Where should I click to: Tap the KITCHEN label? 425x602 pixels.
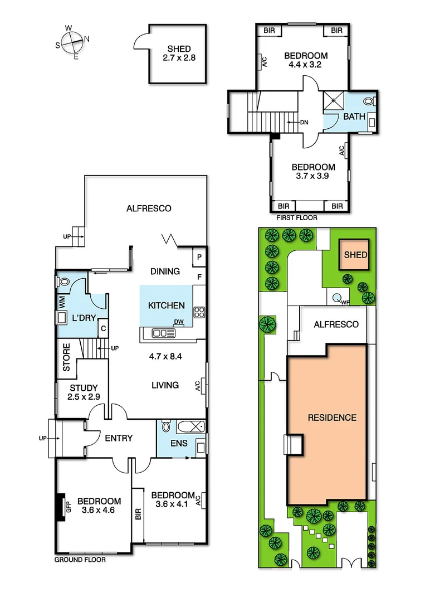point(166,305)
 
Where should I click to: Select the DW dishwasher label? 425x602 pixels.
point(179,322)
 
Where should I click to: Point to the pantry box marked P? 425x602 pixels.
point(199,257)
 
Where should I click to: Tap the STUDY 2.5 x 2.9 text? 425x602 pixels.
point(84,392)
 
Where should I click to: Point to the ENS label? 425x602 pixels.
point(179,444)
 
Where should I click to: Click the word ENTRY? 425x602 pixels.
point(119,438)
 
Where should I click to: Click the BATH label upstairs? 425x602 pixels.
point(354,116)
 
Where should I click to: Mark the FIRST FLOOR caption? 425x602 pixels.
point(297,218)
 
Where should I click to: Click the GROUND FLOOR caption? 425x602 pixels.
point(80,560)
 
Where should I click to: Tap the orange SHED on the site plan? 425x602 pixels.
point(355,255)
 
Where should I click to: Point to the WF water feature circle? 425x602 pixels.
point(338,298)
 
